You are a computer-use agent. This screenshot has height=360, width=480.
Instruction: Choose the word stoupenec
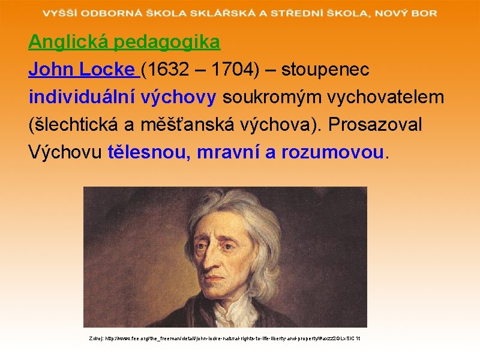coord(326,70)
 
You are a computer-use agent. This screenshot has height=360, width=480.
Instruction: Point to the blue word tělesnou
coord(146,152)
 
